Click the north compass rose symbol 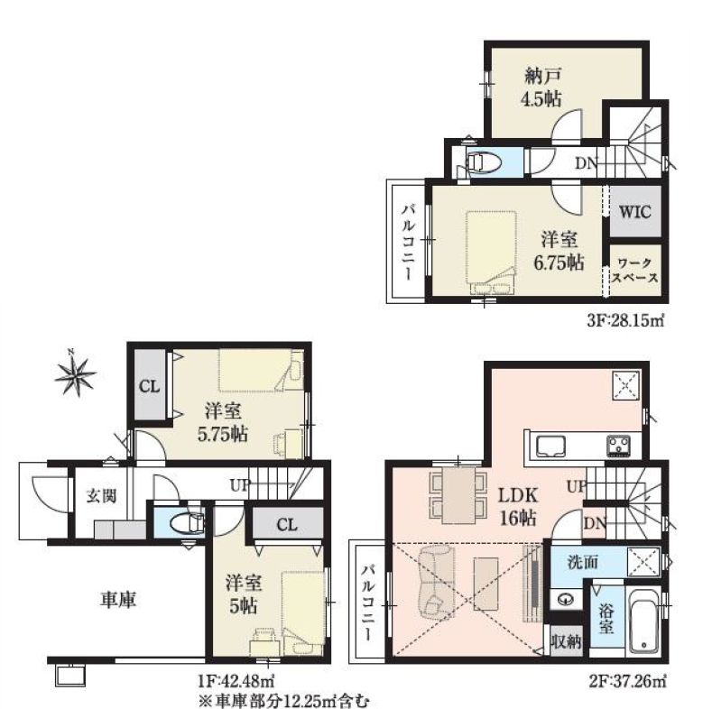point(75,373)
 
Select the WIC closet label point(634,211)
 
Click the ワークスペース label point(634,271)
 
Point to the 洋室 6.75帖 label point(559,252)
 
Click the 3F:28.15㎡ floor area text point(625,321)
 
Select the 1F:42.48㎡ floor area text point(236,680)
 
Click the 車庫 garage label point(118,600)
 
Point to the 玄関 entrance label point(102,496)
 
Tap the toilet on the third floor point(483,161)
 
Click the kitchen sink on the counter point(550,447)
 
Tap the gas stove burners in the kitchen point(618,446)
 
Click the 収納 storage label point(566,642)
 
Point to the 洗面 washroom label point(583,562)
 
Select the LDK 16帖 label point(518,506)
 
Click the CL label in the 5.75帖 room point(150,387)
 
